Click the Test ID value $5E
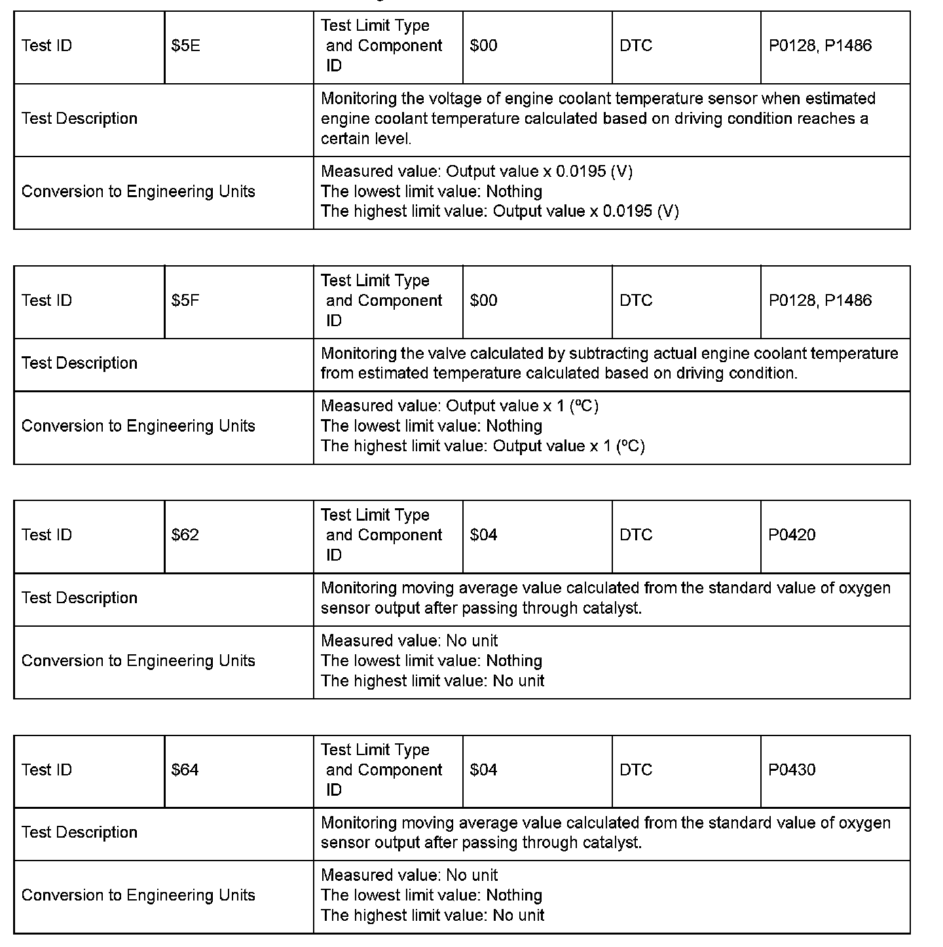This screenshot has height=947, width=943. click(186, 46)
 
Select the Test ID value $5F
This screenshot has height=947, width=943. click(186, 301)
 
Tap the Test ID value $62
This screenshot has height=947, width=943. click(185, 535)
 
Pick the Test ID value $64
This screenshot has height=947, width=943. click(185, 770)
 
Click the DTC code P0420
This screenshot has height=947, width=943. click(792, 535)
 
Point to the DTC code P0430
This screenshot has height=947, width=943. click(792, 770)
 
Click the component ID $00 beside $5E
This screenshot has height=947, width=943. click(483, 46)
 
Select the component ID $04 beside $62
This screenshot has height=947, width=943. click(483, 535)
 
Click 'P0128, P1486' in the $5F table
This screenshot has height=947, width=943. click(820, 301)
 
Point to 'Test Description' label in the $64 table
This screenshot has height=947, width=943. click(79, 832)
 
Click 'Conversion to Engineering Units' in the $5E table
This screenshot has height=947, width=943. click(138, 192)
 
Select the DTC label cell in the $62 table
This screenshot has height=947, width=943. click(636, 535)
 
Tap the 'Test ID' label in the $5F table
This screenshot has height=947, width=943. click(46, 301)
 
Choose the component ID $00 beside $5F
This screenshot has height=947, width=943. click(483, 301)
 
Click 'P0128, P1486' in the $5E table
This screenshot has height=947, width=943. click(820, 46)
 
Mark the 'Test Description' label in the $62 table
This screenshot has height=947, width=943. click(79, 598)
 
